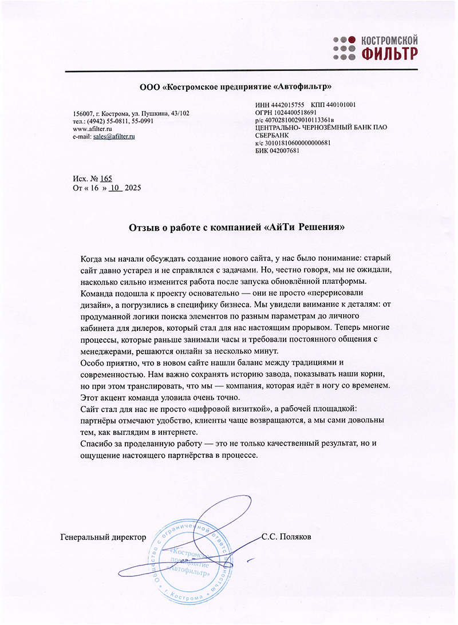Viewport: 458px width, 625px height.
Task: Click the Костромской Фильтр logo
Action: (x=375, y=47)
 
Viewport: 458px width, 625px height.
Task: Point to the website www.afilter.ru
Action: (x=92, y=129)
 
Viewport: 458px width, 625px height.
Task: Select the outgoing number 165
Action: (x=106, y=179)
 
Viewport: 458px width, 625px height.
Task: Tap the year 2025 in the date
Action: (x=132, y=188)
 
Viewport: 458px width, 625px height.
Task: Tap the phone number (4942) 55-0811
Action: (x=106, y=121)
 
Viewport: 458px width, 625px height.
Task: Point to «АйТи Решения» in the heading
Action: (x=306, y=227)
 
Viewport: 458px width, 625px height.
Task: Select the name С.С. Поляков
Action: (x=286, y=537)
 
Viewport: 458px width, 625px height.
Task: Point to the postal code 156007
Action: (x=84, y=113)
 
